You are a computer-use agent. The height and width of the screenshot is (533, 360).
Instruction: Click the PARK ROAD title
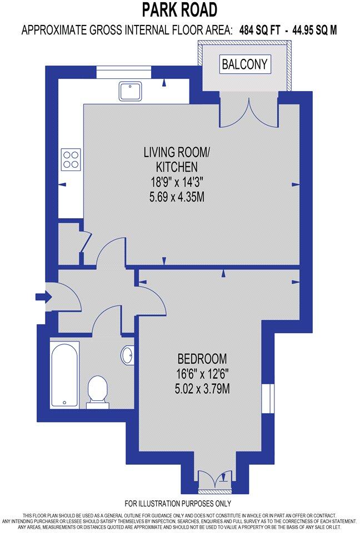point(179,9)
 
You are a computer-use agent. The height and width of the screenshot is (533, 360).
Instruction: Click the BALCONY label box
point(244,64)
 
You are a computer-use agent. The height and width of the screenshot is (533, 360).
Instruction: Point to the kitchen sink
point(131,90)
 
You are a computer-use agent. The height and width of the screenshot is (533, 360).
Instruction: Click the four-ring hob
point(71,159)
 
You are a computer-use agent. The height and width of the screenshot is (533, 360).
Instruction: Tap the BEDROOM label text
point(202,358)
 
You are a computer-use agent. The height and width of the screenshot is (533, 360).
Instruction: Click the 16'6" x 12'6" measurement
point(202,373)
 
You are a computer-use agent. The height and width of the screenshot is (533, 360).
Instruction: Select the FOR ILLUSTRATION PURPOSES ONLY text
point(178,504)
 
